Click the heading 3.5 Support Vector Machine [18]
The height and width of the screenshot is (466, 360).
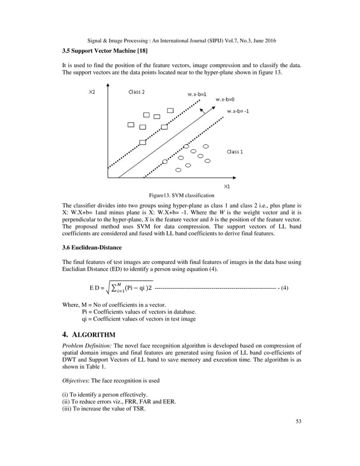pos(104,51)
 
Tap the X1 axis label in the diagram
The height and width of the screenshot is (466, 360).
pos(226,186)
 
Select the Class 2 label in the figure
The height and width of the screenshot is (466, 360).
pos(137,92)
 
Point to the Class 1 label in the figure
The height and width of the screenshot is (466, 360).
pos(235,151)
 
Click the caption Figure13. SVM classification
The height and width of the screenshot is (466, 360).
pos(181,195)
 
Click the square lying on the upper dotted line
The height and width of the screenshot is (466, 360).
pos(142,142)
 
